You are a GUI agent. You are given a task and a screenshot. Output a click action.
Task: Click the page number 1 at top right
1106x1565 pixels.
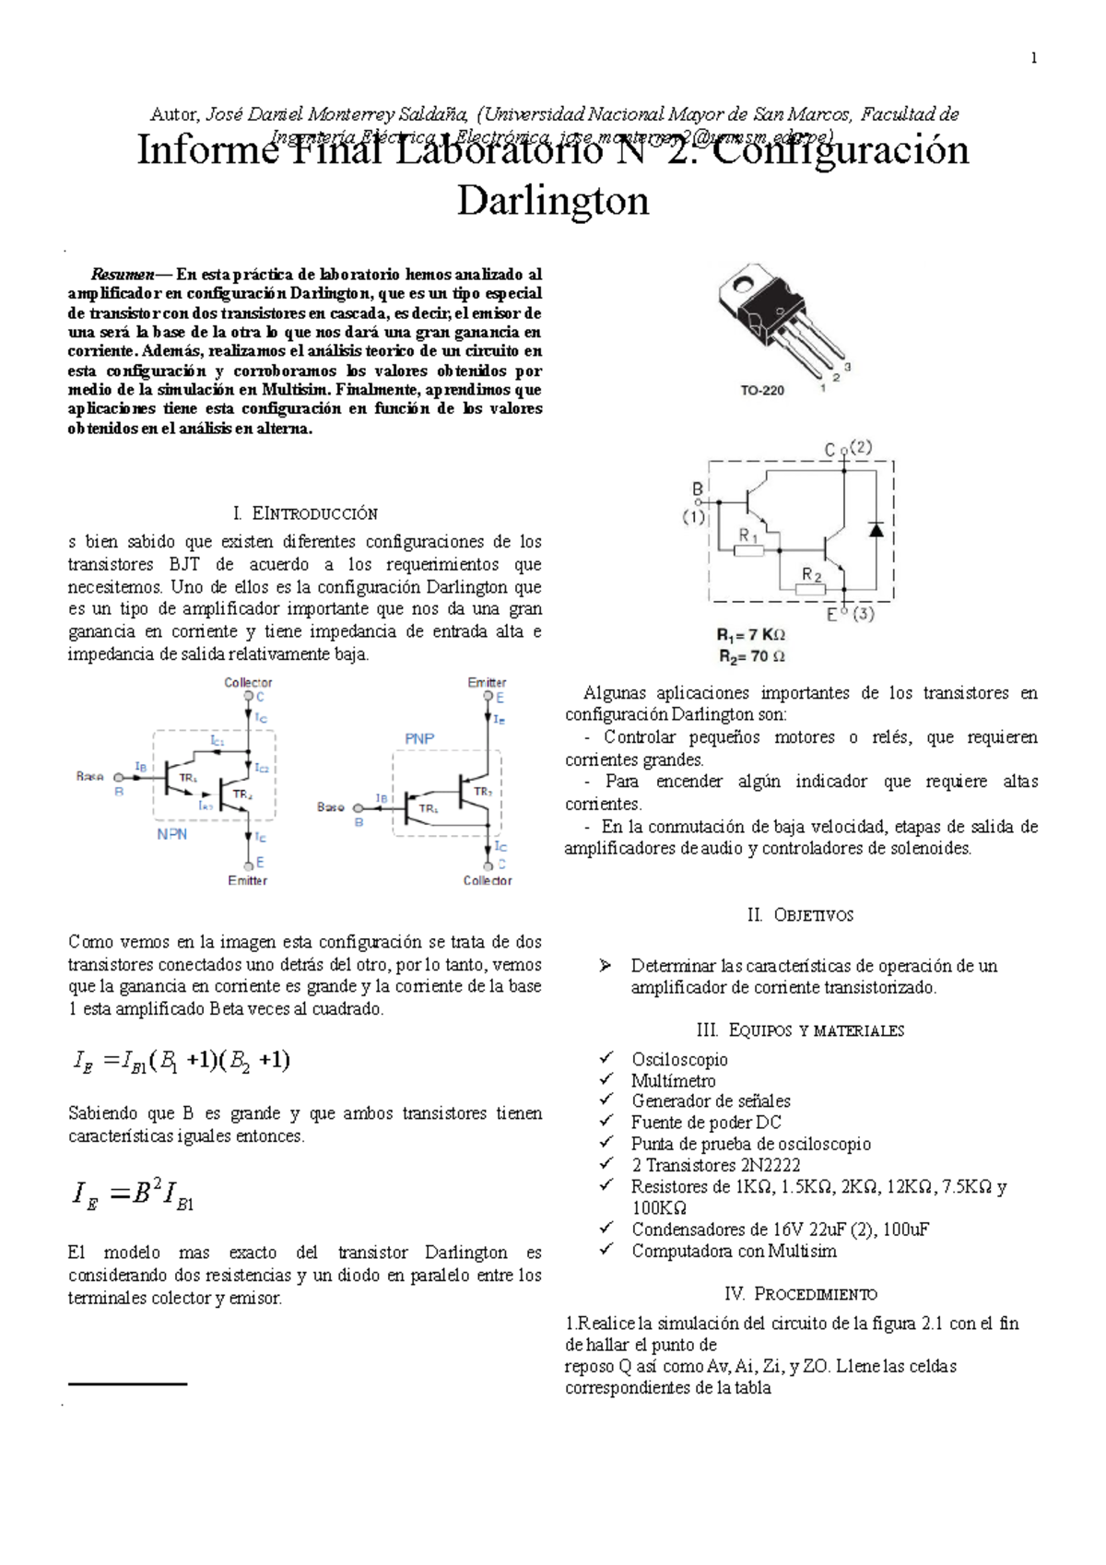(x=1033, y=58)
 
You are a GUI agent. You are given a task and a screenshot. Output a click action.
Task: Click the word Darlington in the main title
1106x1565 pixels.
(x=553, y=200)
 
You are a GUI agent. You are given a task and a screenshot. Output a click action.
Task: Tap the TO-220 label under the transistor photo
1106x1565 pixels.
(x=762, y=390)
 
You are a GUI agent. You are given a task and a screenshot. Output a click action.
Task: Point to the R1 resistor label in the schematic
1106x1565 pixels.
(x=748, y=535)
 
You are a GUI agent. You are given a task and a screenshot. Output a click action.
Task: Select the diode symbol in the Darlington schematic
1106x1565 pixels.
(x=876, y=529)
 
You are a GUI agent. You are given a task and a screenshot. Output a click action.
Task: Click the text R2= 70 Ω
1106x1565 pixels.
(x=752, y=656)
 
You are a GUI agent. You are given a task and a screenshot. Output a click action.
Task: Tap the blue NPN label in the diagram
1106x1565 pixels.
(x=171, y=834)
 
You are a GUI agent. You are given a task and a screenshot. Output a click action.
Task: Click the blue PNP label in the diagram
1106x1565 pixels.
(x=419, y=738)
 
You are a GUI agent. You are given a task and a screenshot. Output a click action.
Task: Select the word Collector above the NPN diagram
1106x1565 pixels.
(x=248, y=683)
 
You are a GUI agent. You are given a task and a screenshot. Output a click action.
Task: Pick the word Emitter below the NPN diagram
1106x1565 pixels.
(x=247, y=880)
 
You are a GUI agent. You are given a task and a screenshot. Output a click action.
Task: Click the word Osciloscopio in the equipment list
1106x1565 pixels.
(x=679, y=1060)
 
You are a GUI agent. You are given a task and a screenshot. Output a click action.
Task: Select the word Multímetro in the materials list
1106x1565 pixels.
(x=673, y=1081)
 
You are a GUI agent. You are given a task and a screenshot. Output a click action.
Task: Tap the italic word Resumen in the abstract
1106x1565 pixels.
(x=122, y=274)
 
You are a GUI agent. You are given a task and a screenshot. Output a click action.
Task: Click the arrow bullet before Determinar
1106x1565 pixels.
(x=605, y=966)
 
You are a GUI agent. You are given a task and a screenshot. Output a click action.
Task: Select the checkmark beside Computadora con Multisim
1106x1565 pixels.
(x=606, y=1250)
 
